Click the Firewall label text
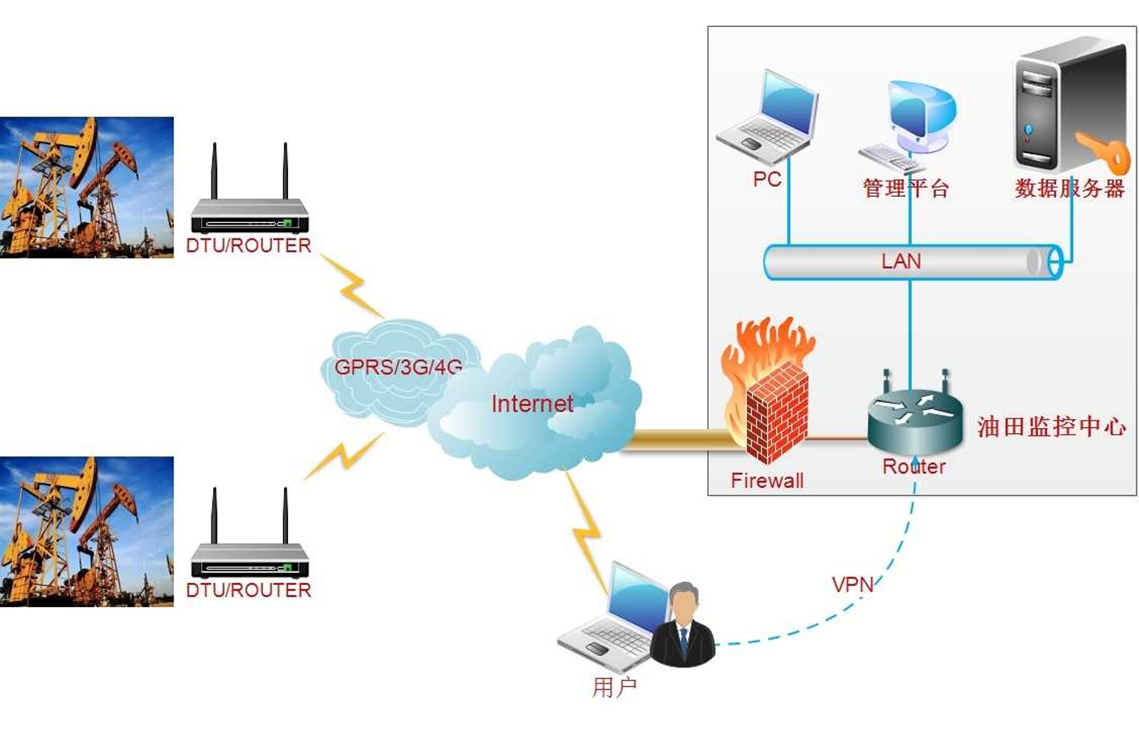[766, 481]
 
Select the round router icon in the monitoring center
[914, 418]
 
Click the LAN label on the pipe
[901, 261]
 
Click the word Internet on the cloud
[532, 404]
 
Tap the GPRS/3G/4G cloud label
[398, 367]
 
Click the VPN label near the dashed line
[852, 584]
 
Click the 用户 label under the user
[614, 688]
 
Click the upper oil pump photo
[86, 188]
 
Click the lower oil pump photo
[86, 531]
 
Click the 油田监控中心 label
[1051, 426]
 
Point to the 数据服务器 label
[1069, 189]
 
